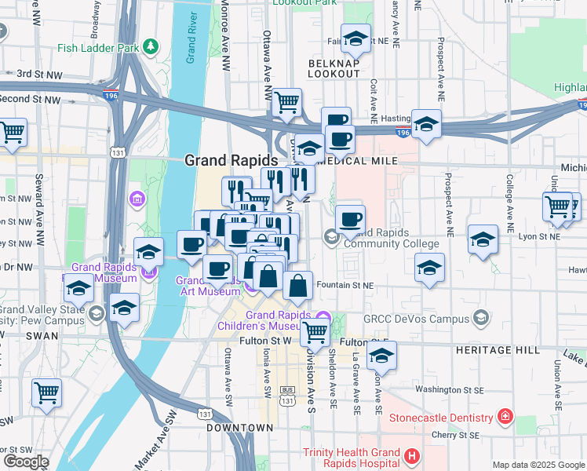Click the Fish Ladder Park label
point(99,47)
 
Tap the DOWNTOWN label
point(239,428)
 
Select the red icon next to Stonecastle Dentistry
point(507,415)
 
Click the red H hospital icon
point(411,455)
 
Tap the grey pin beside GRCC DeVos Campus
point(481,318)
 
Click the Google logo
point(25,462)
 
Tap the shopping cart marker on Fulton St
point(315,332)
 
